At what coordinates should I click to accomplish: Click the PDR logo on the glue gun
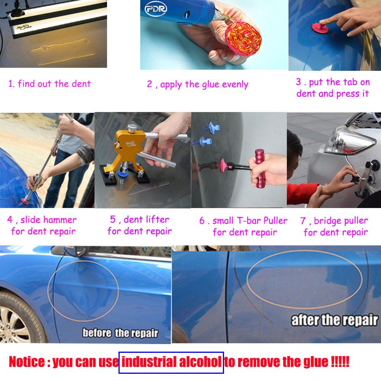click(x=156, y=9)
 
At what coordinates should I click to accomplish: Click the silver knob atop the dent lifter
click(x=132, y=128)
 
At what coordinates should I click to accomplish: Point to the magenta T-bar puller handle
click(x=259, y=169)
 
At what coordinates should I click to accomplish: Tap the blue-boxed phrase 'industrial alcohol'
click(x=171, y=362)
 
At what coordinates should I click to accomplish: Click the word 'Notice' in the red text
click(x=27, y=362)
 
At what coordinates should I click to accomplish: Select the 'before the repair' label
click(x=120, y=333)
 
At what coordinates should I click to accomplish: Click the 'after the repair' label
click(x=335, y=320)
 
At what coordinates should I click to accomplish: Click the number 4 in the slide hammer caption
click(x=10, y=219)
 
